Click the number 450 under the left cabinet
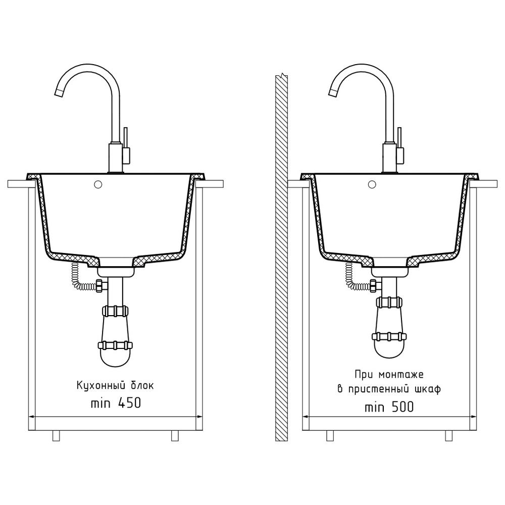click(129, 403)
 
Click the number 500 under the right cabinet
click(402, 407)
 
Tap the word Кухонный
click(100, 385)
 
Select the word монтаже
click(401, 374)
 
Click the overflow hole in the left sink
click(98, 184)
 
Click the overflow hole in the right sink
click(372, 184)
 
